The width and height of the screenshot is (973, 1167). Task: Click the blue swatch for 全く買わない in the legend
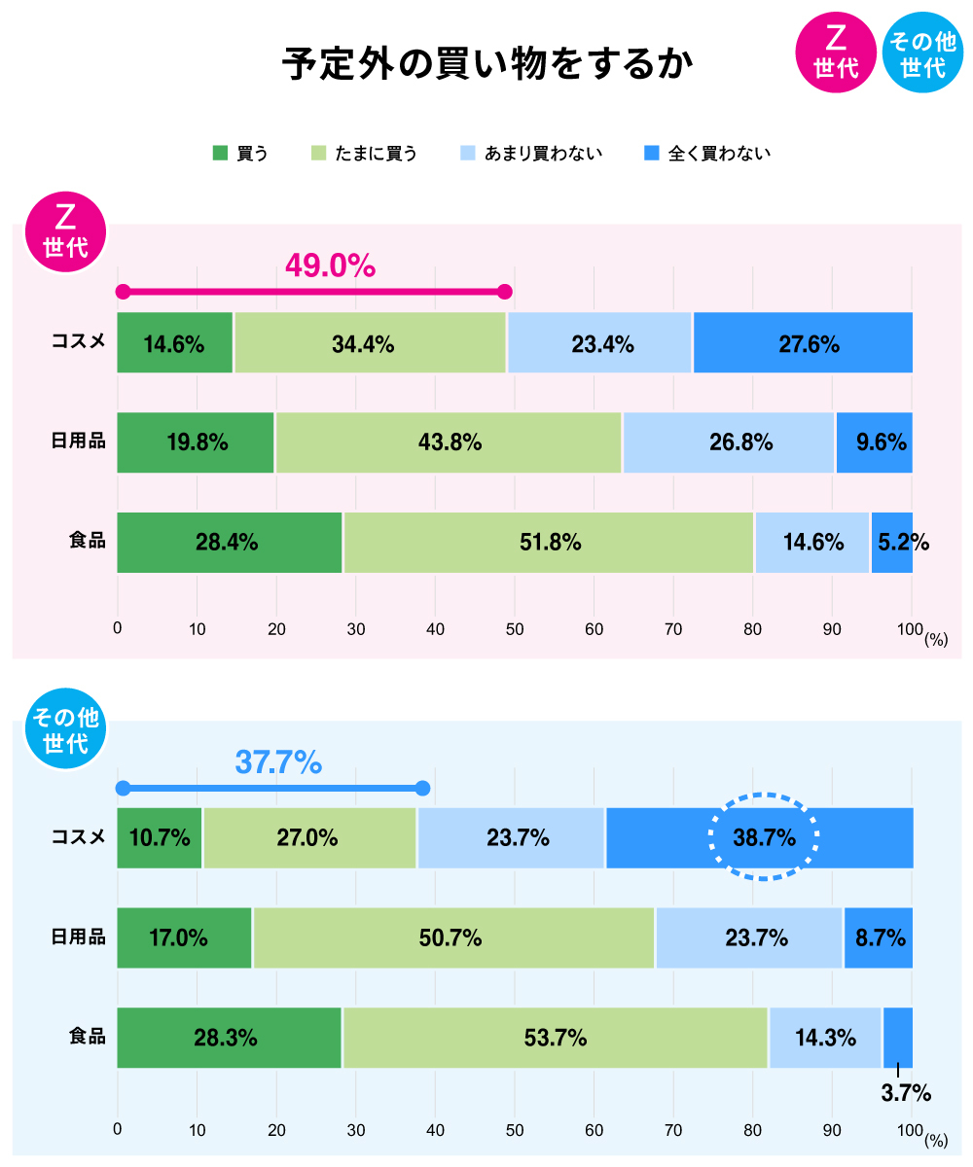(x=652, y=153)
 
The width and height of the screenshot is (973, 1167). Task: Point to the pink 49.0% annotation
(x=330, y=265)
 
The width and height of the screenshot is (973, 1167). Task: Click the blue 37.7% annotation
(x=278, y=762)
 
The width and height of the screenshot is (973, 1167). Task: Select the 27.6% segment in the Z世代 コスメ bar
(x=803, y=343)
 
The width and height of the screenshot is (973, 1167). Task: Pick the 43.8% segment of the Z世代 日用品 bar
(x=449, y=442)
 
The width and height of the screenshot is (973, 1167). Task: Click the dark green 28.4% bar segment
(x=230, y=543)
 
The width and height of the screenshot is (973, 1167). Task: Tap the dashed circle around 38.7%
(x=764, y=837)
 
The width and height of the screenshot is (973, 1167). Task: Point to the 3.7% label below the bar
(x=905, y=1093)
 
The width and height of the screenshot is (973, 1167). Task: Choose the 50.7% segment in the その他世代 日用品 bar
(x=453, y=938)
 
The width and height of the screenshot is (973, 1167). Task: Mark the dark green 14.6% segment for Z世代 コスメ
(x=175, y=343)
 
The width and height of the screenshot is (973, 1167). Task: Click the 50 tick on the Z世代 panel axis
(x=515, y=629)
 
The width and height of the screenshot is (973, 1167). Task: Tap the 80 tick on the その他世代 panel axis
(x=752, y=1131)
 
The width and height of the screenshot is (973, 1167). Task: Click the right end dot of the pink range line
(x=504, y=292)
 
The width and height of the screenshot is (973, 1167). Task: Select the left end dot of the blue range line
(x=123, y=788)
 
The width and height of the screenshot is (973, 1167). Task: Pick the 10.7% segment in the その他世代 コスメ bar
(x=160, y=838)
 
